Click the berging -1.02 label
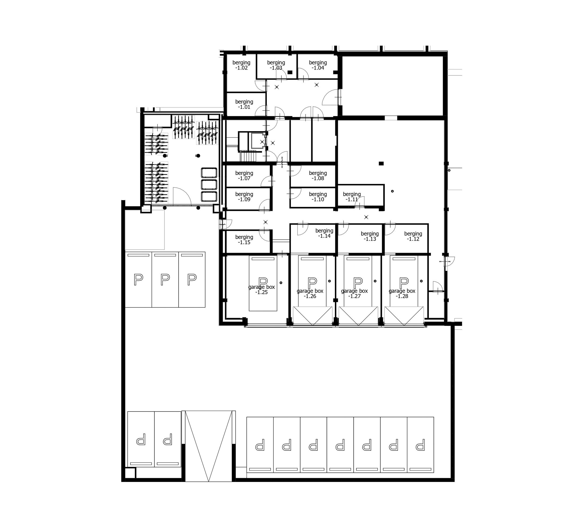tap(241, 65)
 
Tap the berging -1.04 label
tap(318, 65)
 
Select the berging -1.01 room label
tap(244, 104)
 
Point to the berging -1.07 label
tap(244, 175)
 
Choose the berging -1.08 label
tap(318, 175)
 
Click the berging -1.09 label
tap(244, 197)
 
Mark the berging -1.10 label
tap(318, 197)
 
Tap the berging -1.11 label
tap(352, 197)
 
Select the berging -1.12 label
tap(413, 236)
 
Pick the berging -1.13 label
tap(370, 236)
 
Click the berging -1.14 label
tap(324, 233)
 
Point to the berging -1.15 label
tap(244, 240)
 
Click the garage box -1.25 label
tap(261, 290)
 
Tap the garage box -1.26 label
tap(310, 294)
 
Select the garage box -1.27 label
tap(355, 294)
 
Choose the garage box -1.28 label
tap(402, 294)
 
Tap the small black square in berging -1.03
tap(290, 72)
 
